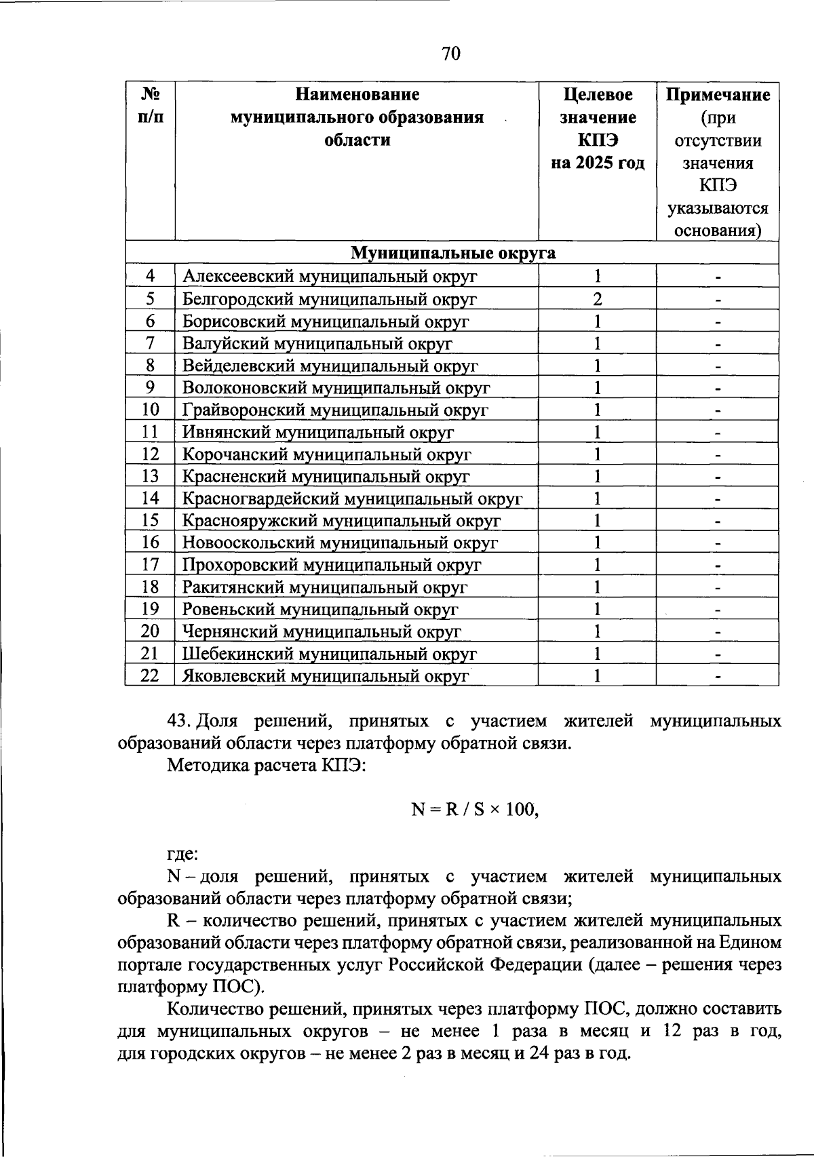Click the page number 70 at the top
[x=450, y=54]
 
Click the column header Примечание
[x=718, y=95]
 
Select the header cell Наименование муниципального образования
[x=357, y=117]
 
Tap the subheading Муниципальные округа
[x=452, y=253]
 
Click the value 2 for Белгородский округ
[x=597, y=299]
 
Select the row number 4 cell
[x=150, y=276]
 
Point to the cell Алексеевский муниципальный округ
[x=330, y=277]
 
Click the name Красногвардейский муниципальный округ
[x=352, y=499]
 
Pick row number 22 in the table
[x=150, y=675]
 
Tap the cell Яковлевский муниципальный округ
[x=326, y=676]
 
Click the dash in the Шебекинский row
[x=717, y=654]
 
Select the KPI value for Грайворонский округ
[x=597, y=410]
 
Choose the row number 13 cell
[x=150, y=476]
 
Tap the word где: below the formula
[x=182, y=855]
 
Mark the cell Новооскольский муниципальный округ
[x=340, y=543]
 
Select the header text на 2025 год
[x=597, y=163]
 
